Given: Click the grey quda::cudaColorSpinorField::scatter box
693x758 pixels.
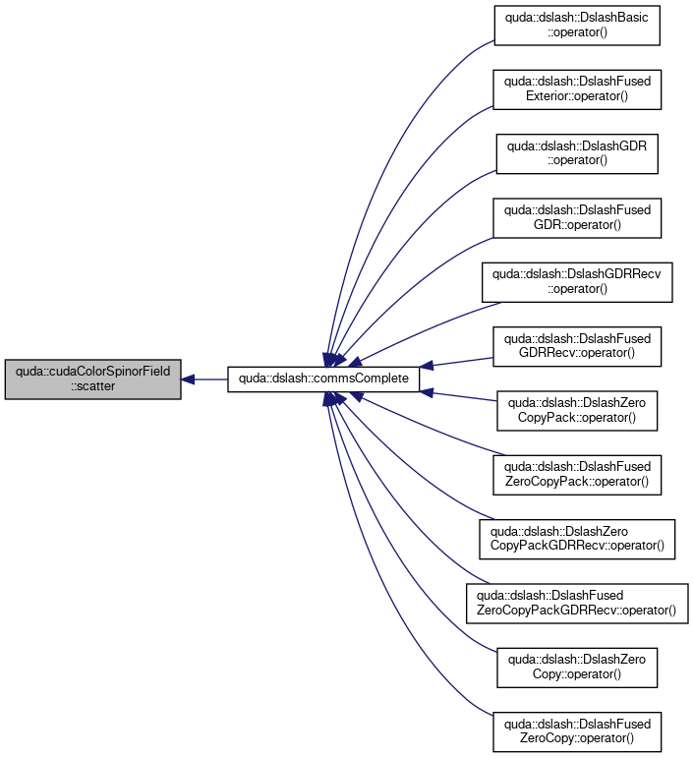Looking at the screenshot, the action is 92,379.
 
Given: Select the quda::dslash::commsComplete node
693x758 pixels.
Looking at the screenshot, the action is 323,379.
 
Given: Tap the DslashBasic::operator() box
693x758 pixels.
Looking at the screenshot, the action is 577,26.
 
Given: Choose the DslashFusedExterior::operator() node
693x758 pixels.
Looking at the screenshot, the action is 577,89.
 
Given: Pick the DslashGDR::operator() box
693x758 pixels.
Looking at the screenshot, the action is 577,153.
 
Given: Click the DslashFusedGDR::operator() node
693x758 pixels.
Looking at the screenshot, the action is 577,218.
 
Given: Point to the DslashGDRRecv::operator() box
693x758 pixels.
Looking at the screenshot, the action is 577,282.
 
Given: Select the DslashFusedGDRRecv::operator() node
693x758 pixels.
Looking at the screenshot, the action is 577,347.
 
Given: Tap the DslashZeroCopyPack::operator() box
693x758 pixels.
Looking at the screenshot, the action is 577,410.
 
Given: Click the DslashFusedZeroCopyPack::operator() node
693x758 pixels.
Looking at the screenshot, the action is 577,475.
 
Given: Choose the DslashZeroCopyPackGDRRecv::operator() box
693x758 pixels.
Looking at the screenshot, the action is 577,539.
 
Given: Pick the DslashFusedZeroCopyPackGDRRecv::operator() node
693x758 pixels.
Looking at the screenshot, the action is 577,604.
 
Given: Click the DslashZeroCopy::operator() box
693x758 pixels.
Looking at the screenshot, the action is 577,668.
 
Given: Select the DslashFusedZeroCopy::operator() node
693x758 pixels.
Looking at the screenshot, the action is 577,731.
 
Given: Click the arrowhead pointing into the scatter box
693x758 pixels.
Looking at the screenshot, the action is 188,379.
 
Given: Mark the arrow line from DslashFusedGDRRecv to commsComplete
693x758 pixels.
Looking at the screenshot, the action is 456,363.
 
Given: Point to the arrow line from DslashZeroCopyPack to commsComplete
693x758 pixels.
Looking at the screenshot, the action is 458,395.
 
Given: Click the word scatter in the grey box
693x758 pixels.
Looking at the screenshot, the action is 92,386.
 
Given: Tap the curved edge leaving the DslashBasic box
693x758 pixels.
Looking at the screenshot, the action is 381,146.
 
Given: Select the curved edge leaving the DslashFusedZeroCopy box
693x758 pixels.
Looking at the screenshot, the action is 381,613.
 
